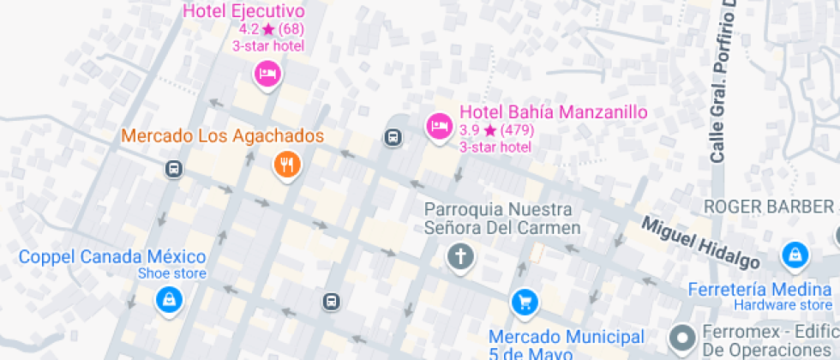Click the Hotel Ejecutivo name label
coord(243,11)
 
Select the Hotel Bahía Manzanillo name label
coord(553,112)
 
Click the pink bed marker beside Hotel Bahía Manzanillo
coord(439,127)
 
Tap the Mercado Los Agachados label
coord(222,136)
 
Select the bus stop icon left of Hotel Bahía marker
coord(393,137)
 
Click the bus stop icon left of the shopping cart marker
coord(332,301)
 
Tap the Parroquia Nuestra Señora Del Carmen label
coord(502,219)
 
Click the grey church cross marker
coord(460,256)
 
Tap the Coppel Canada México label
coord(112,257)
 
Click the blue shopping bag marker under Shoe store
coord(167,300)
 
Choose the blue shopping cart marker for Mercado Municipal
coord(524,301)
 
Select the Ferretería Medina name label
coord(759,289)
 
